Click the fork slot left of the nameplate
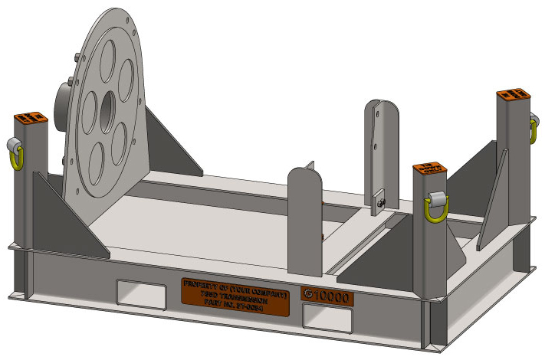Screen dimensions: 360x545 coord(140,291)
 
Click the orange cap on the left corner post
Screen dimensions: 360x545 coord(31,118)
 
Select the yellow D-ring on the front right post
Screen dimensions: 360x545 coord(436,207)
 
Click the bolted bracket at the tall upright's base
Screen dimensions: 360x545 coord(381,201)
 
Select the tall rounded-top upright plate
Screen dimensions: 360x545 coord(380,146)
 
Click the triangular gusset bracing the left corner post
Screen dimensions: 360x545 coord(69,218)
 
